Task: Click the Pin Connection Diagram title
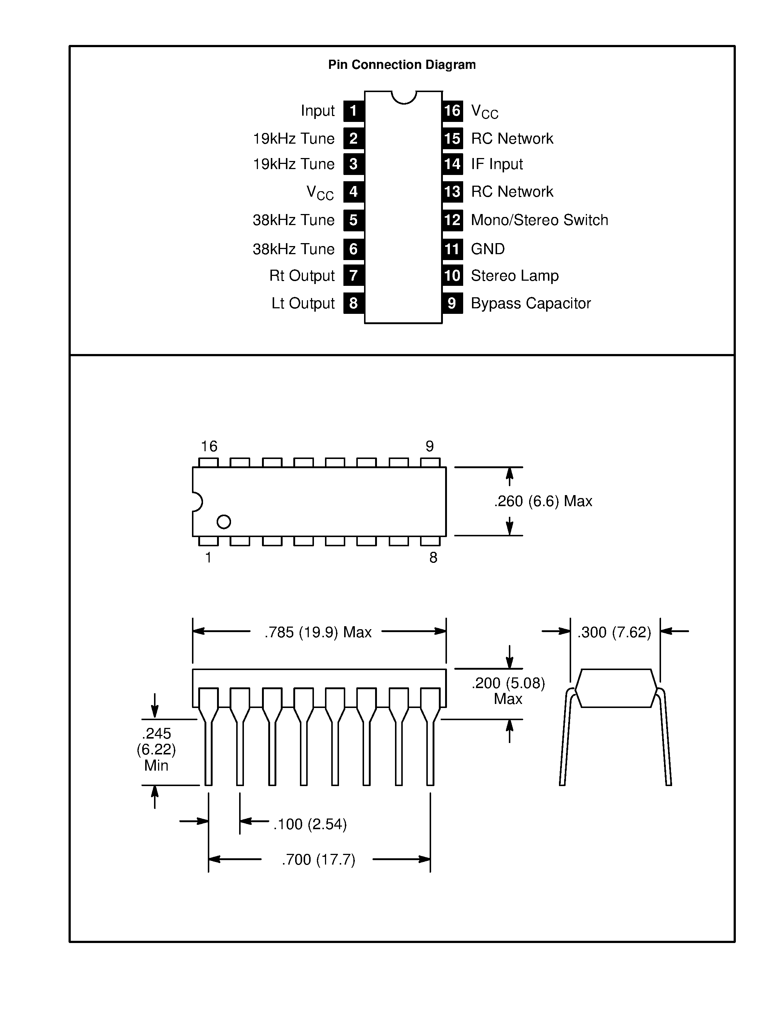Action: pos(402,64)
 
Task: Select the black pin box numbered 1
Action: pos(353,111)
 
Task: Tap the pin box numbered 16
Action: pos(452,111)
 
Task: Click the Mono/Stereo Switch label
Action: pos(539,220)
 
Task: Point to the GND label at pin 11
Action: pos(487,249)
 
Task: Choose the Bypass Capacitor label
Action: pos(531,303)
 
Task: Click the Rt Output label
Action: pos(302,276)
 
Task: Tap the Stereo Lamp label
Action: pos(514,276)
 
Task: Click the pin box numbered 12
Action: pos(452,220)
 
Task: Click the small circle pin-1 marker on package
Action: pos(224,522)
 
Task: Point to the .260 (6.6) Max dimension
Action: pos(543,501)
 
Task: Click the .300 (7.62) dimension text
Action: pos(614,632)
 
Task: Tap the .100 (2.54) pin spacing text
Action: pos(310,824)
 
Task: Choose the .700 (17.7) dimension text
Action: pos(318,859)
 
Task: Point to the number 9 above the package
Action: pos(430,446)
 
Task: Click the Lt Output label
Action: pos(303,303)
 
